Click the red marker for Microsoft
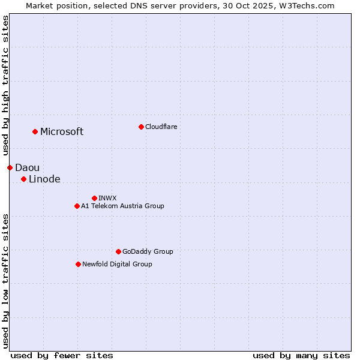35,131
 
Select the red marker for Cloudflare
141,127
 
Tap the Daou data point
10,167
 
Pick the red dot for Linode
23,179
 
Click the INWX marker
94,198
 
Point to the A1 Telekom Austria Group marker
77,206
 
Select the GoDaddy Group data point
118,251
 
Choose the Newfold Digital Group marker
78,264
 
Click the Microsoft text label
62,132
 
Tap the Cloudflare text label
161,127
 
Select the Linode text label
44,179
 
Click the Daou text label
27,168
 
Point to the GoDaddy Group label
148,251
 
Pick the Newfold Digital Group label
117,264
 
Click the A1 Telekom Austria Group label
122,206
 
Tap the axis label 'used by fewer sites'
62,355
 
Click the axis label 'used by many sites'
301,355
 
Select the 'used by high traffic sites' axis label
6,86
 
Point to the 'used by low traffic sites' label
6,280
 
